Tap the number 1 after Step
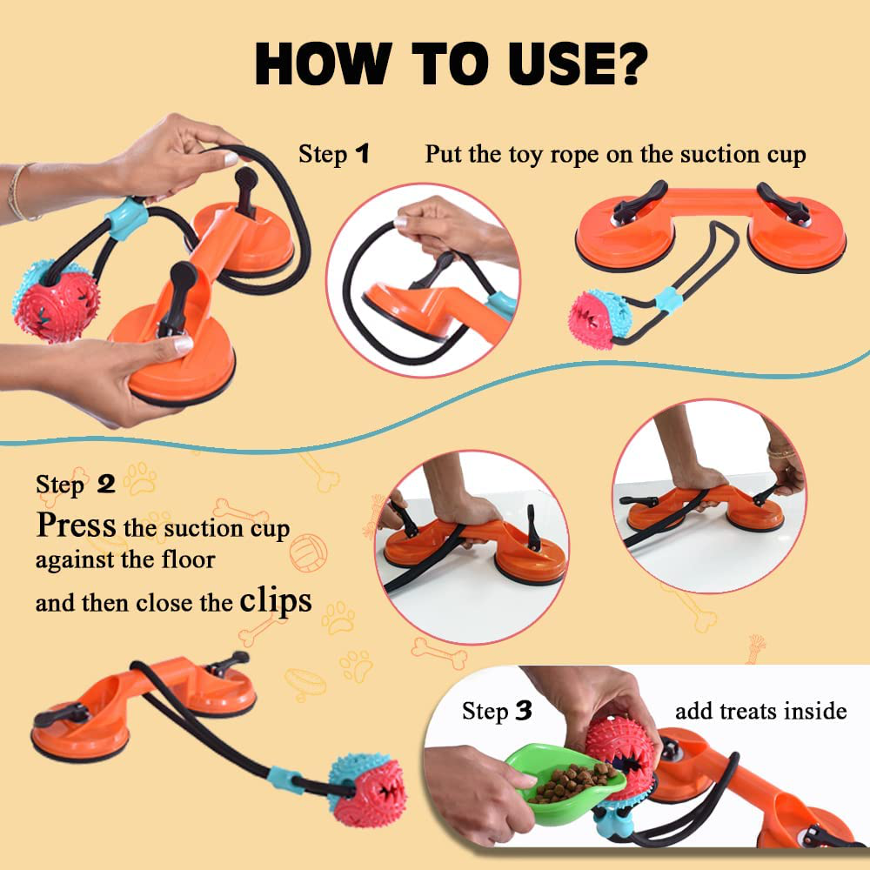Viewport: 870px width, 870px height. click(362, 154)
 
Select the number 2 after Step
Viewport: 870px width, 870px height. click(106, 485)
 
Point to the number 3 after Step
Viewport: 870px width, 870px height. click(523, 711)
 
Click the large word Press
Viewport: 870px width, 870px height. click(76, 525)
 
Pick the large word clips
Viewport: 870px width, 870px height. click(275, 601)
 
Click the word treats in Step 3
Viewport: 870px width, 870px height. click(747, 712)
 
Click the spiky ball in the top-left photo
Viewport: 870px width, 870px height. click(56, 299)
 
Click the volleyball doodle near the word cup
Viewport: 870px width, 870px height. click(309, 552)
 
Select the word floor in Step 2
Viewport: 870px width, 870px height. click(188, 559)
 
